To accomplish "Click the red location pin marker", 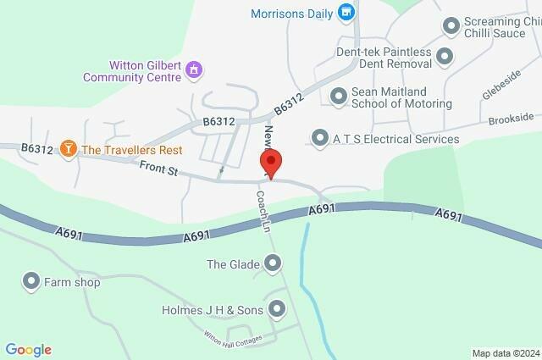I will (x=271, y=162).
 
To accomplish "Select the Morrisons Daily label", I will (x=293, y=13).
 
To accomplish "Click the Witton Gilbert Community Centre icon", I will (x=194, y=68).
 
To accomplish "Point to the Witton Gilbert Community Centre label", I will (x=132, y=70).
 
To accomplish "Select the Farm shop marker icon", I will (x=32, y=281).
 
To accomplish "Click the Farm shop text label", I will (x=74, y=282).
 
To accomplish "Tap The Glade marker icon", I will (x=272, y=265).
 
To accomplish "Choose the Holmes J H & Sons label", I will (x=213, y=310).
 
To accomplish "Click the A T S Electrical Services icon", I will (x=320, y=137).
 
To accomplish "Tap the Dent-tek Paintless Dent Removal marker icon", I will (x=445, y=56).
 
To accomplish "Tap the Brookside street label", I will (x=511, y=118).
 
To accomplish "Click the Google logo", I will (x=28, y=349).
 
